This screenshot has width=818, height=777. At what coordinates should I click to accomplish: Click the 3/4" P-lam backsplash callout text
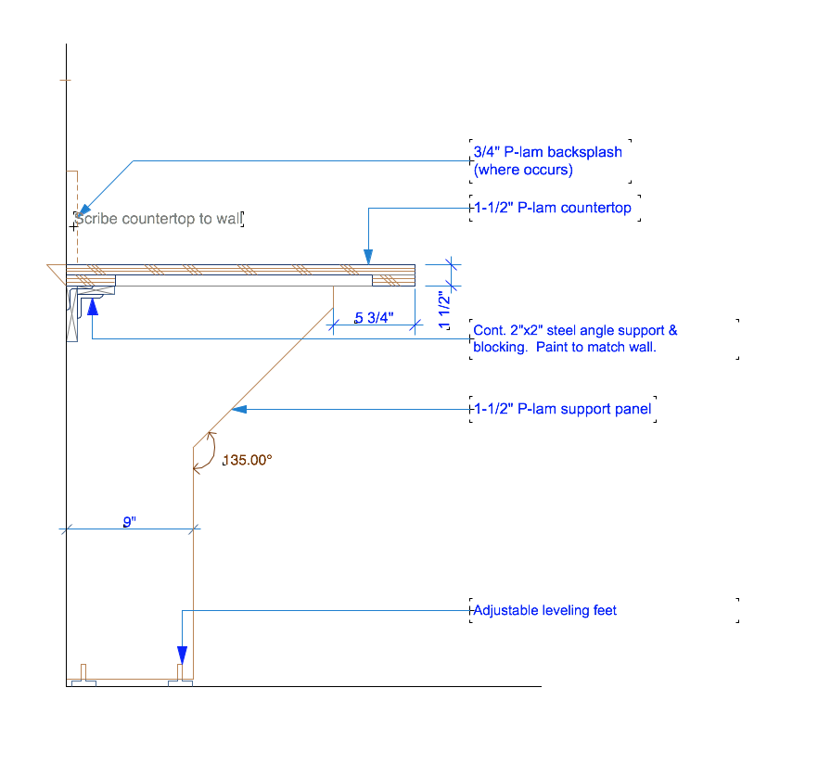pos(547,152)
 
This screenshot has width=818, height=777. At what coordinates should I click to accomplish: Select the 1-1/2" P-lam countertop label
pos(552,208)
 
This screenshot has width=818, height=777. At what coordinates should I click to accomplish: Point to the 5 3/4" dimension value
pos(374,318)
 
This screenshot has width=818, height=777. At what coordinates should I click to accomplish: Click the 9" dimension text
pos(130,522)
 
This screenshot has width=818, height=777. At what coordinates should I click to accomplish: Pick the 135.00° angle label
pos(247,460)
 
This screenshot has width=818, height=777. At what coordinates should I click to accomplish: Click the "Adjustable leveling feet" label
pos(544,610)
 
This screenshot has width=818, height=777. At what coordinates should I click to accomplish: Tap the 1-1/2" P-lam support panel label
pos(562,408)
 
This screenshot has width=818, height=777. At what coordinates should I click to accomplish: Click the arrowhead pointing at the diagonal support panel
pos(238,408)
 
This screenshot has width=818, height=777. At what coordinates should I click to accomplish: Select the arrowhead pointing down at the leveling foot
pos(182,653)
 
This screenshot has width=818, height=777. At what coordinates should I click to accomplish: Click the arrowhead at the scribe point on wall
pos(82,210)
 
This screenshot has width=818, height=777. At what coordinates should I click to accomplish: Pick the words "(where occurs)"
pos(523,170)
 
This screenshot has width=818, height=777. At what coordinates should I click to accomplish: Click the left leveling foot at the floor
pos(83,677)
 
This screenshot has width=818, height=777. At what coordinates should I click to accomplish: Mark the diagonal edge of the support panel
pos(269,371)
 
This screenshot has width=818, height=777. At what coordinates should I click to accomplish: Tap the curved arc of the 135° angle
pos(214,449)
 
